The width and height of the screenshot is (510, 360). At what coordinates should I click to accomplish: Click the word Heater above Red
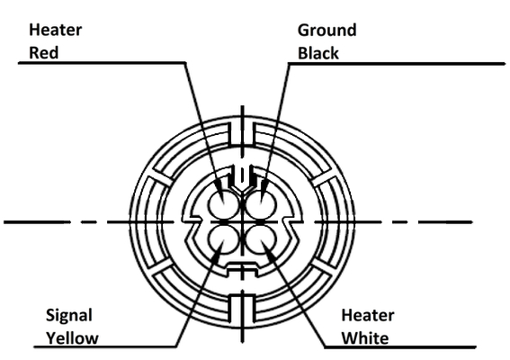point(55,30)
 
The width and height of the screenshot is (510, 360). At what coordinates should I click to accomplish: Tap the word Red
point(43,53)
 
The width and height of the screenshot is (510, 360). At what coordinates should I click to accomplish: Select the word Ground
point(327,31)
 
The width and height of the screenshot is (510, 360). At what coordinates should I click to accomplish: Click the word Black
point(318,53)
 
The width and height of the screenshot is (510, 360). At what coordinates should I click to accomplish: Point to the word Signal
point(69,316)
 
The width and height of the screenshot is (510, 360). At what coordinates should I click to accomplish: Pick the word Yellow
point(72,338)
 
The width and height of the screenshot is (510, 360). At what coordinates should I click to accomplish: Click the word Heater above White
point(368,315)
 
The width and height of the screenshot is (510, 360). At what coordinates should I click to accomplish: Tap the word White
point(365,338)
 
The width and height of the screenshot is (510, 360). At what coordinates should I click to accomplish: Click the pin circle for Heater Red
point(224,203)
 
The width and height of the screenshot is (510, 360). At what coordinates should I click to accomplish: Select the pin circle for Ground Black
point(261,203)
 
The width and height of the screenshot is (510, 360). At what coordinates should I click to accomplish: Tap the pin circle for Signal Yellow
point(224,240)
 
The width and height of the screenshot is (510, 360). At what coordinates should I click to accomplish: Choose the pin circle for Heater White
point(261,240)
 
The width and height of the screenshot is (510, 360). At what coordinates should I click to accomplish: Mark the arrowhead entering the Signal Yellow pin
point(219,251)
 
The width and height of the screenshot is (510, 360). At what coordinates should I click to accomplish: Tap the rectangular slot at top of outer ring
point(242,134)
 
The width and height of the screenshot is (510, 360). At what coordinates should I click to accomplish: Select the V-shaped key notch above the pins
point(241,180)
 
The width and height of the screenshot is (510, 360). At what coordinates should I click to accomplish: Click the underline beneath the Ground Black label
point(397,64)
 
